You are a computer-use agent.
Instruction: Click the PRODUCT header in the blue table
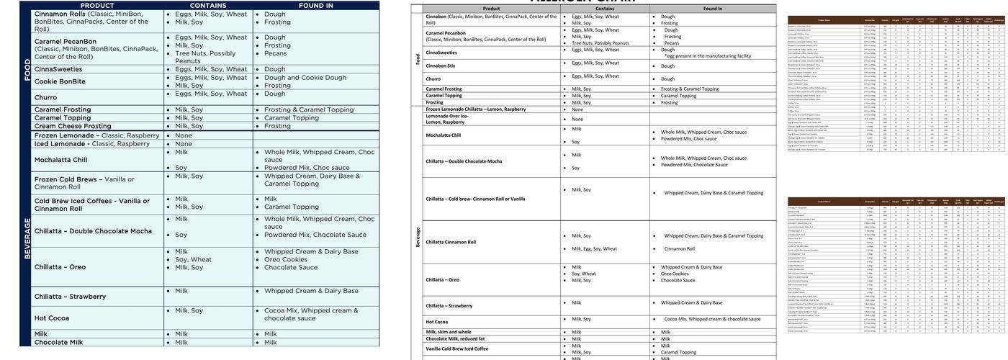(x=97, y=5)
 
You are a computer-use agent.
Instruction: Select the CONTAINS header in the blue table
(x=208, y=5)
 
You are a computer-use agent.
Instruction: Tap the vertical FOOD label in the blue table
(x=27, y=69)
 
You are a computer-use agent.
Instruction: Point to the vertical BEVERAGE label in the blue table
(x=27, y=238)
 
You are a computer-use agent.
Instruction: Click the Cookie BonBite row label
(x=60, y=81)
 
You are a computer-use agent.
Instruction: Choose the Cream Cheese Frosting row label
(x=73, y=126)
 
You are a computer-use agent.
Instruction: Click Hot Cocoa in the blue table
(x=52, y=318)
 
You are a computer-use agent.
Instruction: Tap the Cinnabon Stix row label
(x=441, y=66)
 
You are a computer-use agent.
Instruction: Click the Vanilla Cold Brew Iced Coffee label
(x=457, y=348)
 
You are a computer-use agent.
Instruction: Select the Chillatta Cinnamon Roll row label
(x=451, y=242)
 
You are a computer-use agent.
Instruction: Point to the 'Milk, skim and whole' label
(x=449, y=332)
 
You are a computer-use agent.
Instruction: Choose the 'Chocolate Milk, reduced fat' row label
(x=454, y=338)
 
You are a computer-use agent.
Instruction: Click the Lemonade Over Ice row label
(x=446, y=119)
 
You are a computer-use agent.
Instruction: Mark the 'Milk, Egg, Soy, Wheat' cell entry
(x=594, y=249)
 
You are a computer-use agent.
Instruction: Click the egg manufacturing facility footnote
(x=708, y=55)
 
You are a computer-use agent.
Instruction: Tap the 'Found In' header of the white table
(x=713, y=9)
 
